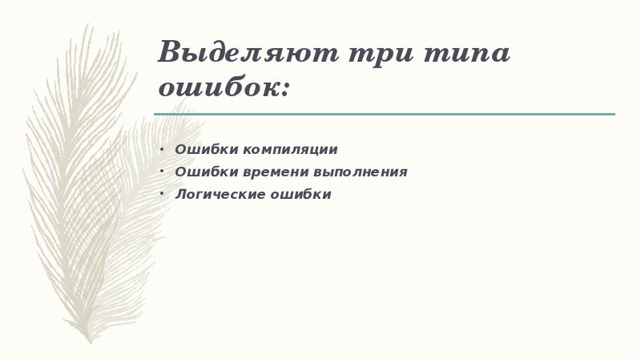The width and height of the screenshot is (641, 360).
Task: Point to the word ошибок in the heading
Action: point(216,87)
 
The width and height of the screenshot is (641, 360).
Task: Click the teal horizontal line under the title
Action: point(385,114)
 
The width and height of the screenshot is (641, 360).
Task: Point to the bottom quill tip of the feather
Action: point(91,341)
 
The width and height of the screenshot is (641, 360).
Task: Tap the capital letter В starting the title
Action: point(170,54)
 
